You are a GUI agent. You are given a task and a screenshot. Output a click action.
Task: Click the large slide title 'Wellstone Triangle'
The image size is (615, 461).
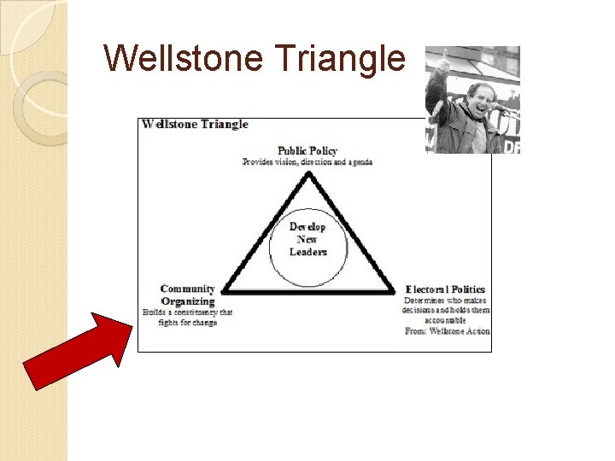[254, 58]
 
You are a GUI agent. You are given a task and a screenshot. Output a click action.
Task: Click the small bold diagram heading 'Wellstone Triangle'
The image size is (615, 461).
[196, 124]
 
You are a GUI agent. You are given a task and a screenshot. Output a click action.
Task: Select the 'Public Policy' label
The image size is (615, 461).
[307, 151]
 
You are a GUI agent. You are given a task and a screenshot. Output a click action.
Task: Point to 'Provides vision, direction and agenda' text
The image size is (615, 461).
[307, 161]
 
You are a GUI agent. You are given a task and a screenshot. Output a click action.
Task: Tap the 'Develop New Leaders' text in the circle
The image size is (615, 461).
[307, 239]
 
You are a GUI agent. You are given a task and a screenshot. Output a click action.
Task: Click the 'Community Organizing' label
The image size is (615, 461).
[187, 295]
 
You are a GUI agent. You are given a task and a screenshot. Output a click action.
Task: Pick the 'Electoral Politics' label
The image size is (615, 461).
[445, 289]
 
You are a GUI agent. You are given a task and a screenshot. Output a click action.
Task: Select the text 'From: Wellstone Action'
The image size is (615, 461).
[447, 330]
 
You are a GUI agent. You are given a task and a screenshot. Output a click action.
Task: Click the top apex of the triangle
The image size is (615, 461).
[307, 174]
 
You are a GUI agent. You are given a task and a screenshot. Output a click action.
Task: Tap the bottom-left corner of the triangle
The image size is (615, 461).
[224, 292]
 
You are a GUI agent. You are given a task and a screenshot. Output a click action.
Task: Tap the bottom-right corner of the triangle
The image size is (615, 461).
[395, 292]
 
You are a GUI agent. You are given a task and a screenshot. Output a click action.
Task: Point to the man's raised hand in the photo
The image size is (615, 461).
[442, 61]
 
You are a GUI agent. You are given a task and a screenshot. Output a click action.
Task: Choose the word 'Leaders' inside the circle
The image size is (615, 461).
[308, 252]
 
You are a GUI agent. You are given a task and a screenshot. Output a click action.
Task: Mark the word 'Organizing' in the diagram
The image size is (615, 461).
[187, 301]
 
